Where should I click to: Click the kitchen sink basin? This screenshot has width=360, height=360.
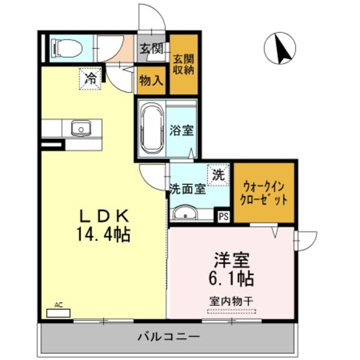click(x=80, y=128)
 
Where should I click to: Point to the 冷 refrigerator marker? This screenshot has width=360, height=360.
click(x=91, y=78)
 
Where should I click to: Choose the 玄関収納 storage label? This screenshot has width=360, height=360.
click(x=183, y=64)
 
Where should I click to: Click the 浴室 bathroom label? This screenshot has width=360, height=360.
click(x=181, y=130)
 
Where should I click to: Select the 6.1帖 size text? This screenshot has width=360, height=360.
click(x=231, y=278)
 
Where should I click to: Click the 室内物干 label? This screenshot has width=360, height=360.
click(x=231, y=299)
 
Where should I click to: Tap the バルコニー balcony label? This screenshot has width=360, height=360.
click(x=168, y=337)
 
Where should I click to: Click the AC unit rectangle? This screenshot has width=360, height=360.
click(x=59, y=313)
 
